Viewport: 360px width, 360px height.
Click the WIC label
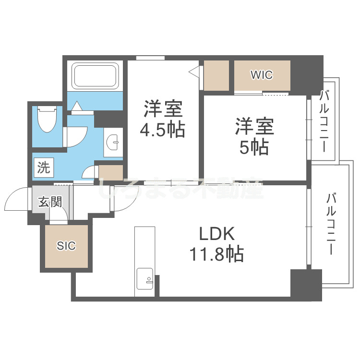(x=262, y=75)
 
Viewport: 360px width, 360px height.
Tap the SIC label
(x=66, y=246)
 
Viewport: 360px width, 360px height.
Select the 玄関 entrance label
(x=50, y=202)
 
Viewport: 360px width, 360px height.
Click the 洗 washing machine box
(x=44, y=168)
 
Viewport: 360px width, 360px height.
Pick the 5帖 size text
(x=254, y=147)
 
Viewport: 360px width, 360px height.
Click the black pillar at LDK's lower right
(x=305, y=285)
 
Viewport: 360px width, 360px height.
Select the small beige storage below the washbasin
(x=110, y=172)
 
